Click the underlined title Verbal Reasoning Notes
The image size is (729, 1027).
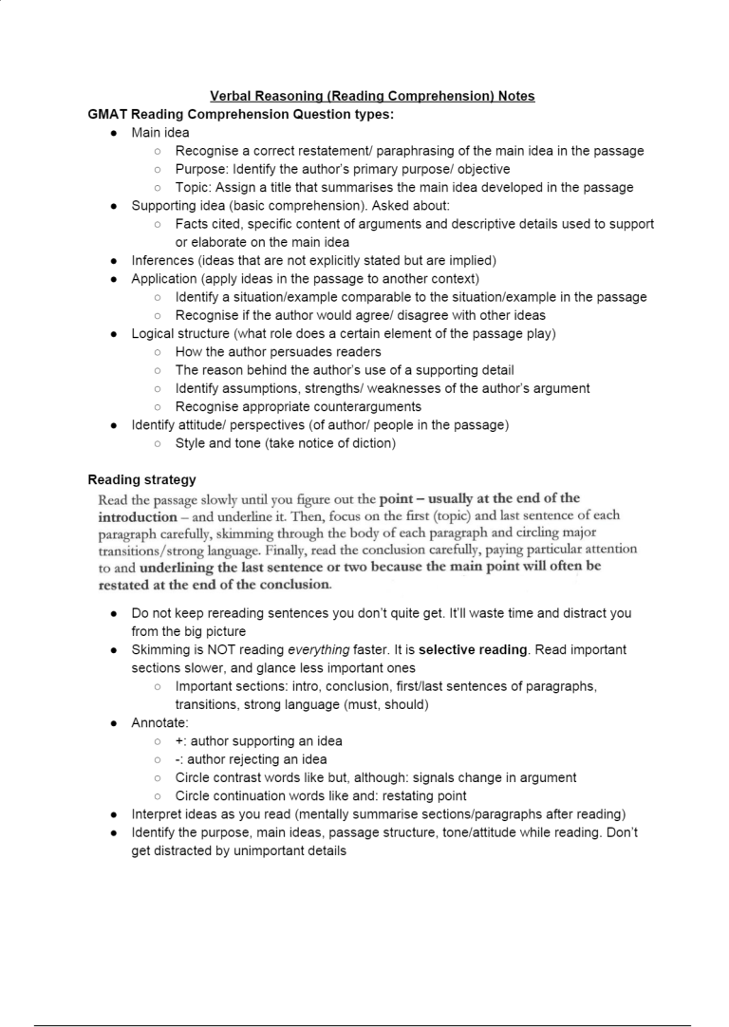[x=372, y=96]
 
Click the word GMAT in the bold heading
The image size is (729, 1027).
[x=109, y=114]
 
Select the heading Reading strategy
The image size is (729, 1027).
[x=141, y=479]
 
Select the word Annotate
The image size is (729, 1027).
[x=159, y=722]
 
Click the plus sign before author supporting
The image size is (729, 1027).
[x=179, y=740]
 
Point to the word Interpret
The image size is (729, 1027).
[x=158, y=813]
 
